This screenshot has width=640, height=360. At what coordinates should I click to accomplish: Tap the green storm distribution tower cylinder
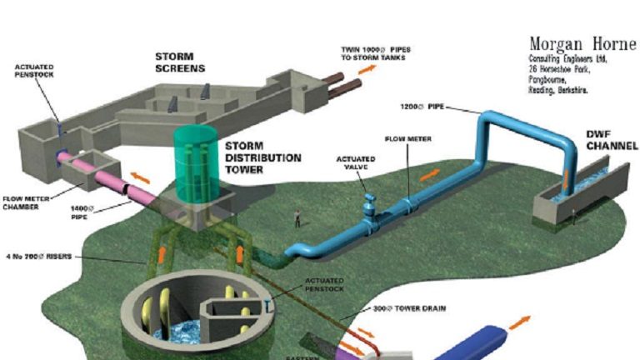coord(194,167)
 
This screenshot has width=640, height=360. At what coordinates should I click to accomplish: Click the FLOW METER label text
coord(408,138)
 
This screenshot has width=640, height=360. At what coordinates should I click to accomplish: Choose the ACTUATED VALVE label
coord(356,162)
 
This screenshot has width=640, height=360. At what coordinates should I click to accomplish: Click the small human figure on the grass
coord(296,218)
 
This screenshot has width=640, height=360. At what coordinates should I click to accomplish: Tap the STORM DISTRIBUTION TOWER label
coord(255,157)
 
